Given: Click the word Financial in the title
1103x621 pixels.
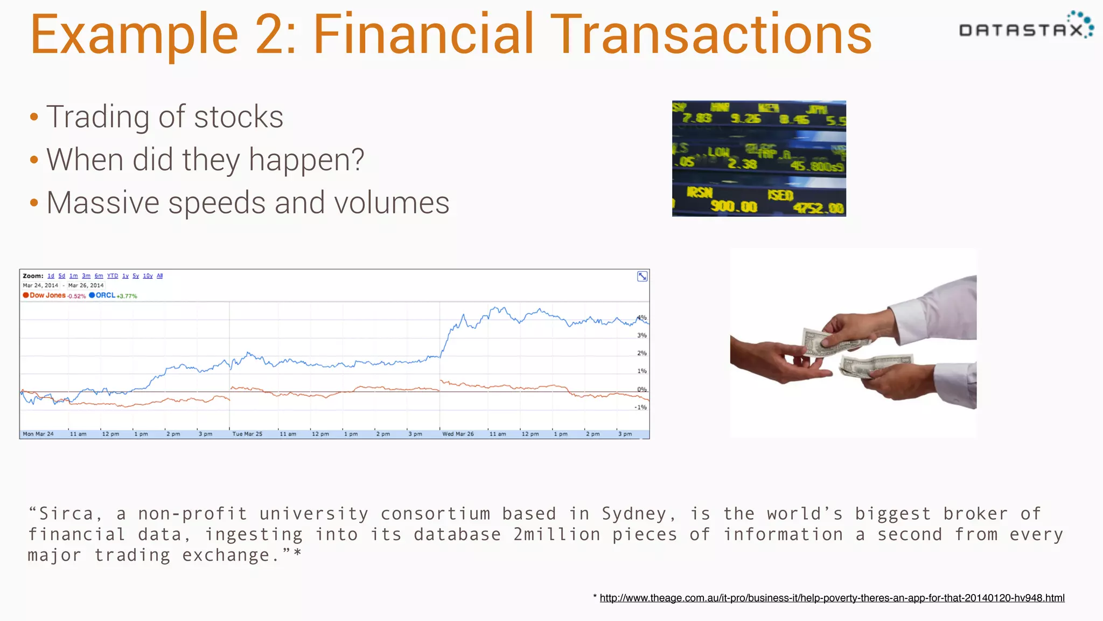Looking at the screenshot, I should click(x=424, y=34).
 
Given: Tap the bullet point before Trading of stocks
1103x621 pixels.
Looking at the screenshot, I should click(x=34, y=117).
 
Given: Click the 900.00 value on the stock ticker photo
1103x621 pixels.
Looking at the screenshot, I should click(x=734, y=206).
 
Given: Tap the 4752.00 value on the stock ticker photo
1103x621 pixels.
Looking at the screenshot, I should click(x=818, y=208).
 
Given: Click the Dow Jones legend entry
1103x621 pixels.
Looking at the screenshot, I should click(x=47, y=295).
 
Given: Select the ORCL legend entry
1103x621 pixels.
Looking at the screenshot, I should click(x=105, y=295).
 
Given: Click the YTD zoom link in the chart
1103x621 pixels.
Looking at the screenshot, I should click(x=113, y=276).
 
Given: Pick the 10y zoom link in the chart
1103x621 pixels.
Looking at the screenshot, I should click(x=148, y=276).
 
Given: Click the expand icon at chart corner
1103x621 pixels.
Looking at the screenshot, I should click(x=642, y=277).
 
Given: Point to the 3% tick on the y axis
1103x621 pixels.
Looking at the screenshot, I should click(x=641, y=335).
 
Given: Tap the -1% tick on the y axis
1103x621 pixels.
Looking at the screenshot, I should click(x=640, y=408).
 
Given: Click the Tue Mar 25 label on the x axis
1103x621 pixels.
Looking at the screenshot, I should click(x=247, y=434).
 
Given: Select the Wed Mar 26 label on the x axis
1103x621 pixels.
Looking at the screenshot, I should click(x=458, y=434).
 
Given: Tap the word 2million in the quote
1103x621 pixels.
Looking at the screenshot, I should click(x=556, y=534).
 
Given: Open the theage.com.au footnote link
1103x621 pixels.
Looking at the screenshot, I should click(x=832, y=598).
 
